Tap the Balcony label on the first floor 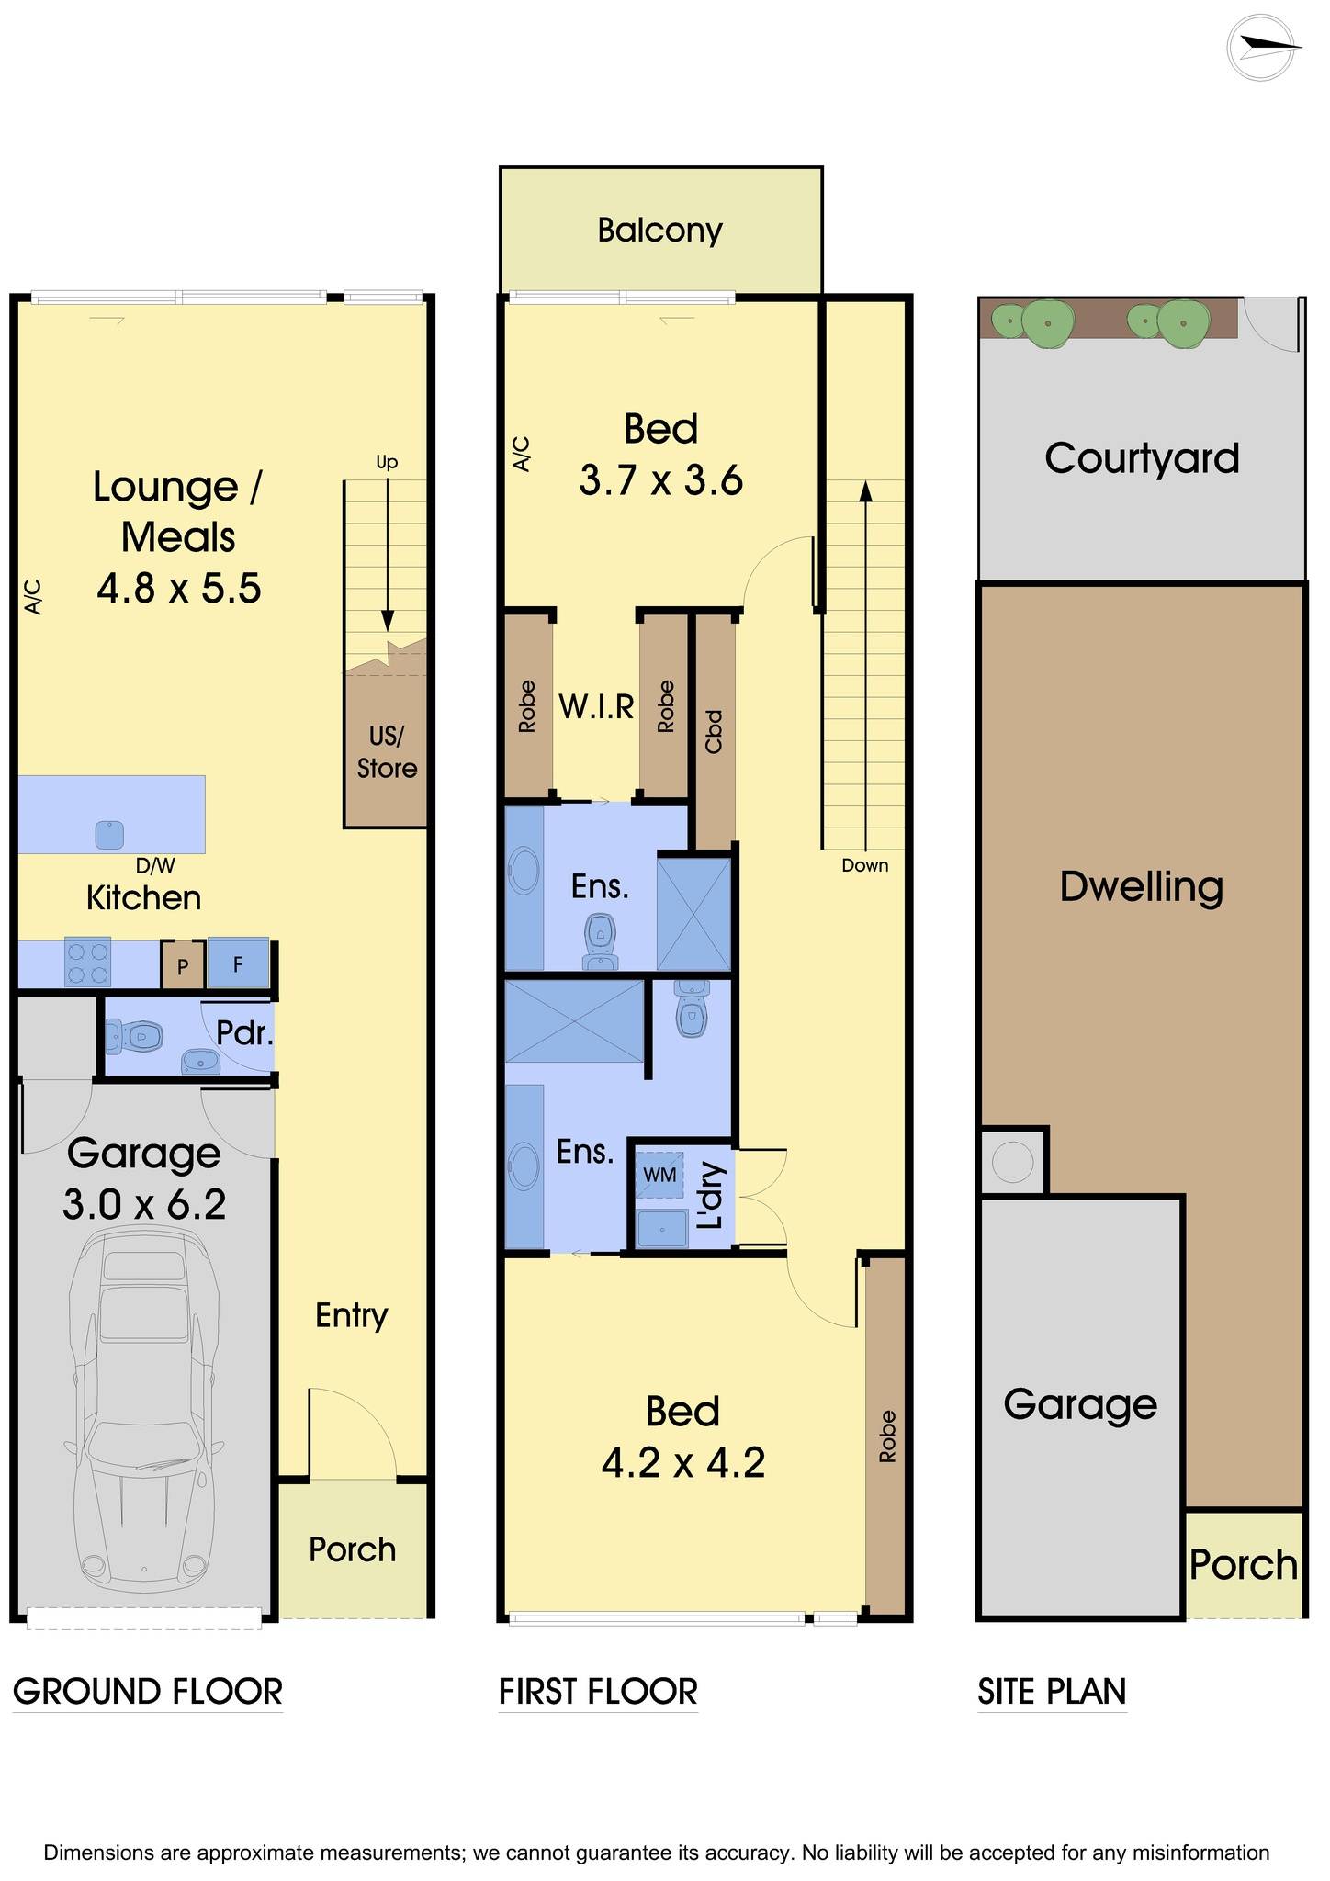point(659,230)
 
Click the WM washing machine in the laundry point(659,1174)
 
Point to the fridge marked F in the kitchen point(238,963)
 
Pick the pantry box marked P point(183,965)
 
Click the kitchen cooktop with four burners point(87,962)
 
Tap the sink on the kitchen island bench point(109,835)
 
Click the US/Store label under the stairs point(387,752)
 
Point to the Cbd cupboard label point(714,732)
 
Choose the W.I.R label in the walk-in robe point(597,707)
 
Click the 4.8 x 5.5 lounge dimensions point(179,588)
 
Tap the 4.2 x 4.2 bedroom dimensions point(682,1462)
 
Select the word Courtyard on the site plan point(1142,459)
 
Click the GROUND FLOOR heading point(148,1692)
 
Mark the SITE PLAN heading point(1052,1692)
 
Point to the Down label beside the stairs point(865,865)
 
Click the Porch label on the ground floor point(353,1550)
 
